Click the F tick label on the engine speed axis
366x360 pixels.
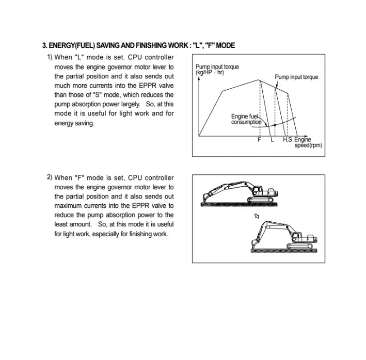259,140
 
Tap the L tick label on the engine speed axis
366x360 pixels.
272,140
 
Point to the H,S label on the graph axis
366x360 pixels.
287,140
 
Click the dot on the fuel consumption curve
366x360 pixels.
275,125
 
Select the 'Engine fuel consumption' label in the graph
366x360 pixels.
246,120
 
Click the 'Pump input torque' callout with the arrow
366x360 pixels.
296,77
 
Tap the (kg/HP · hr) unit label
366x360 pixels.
210,72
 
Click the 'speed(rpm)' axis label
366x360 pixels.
308,145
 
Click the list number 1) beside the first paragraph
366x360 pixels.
50,57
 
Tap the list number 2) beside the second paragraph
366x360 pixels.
50,177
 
